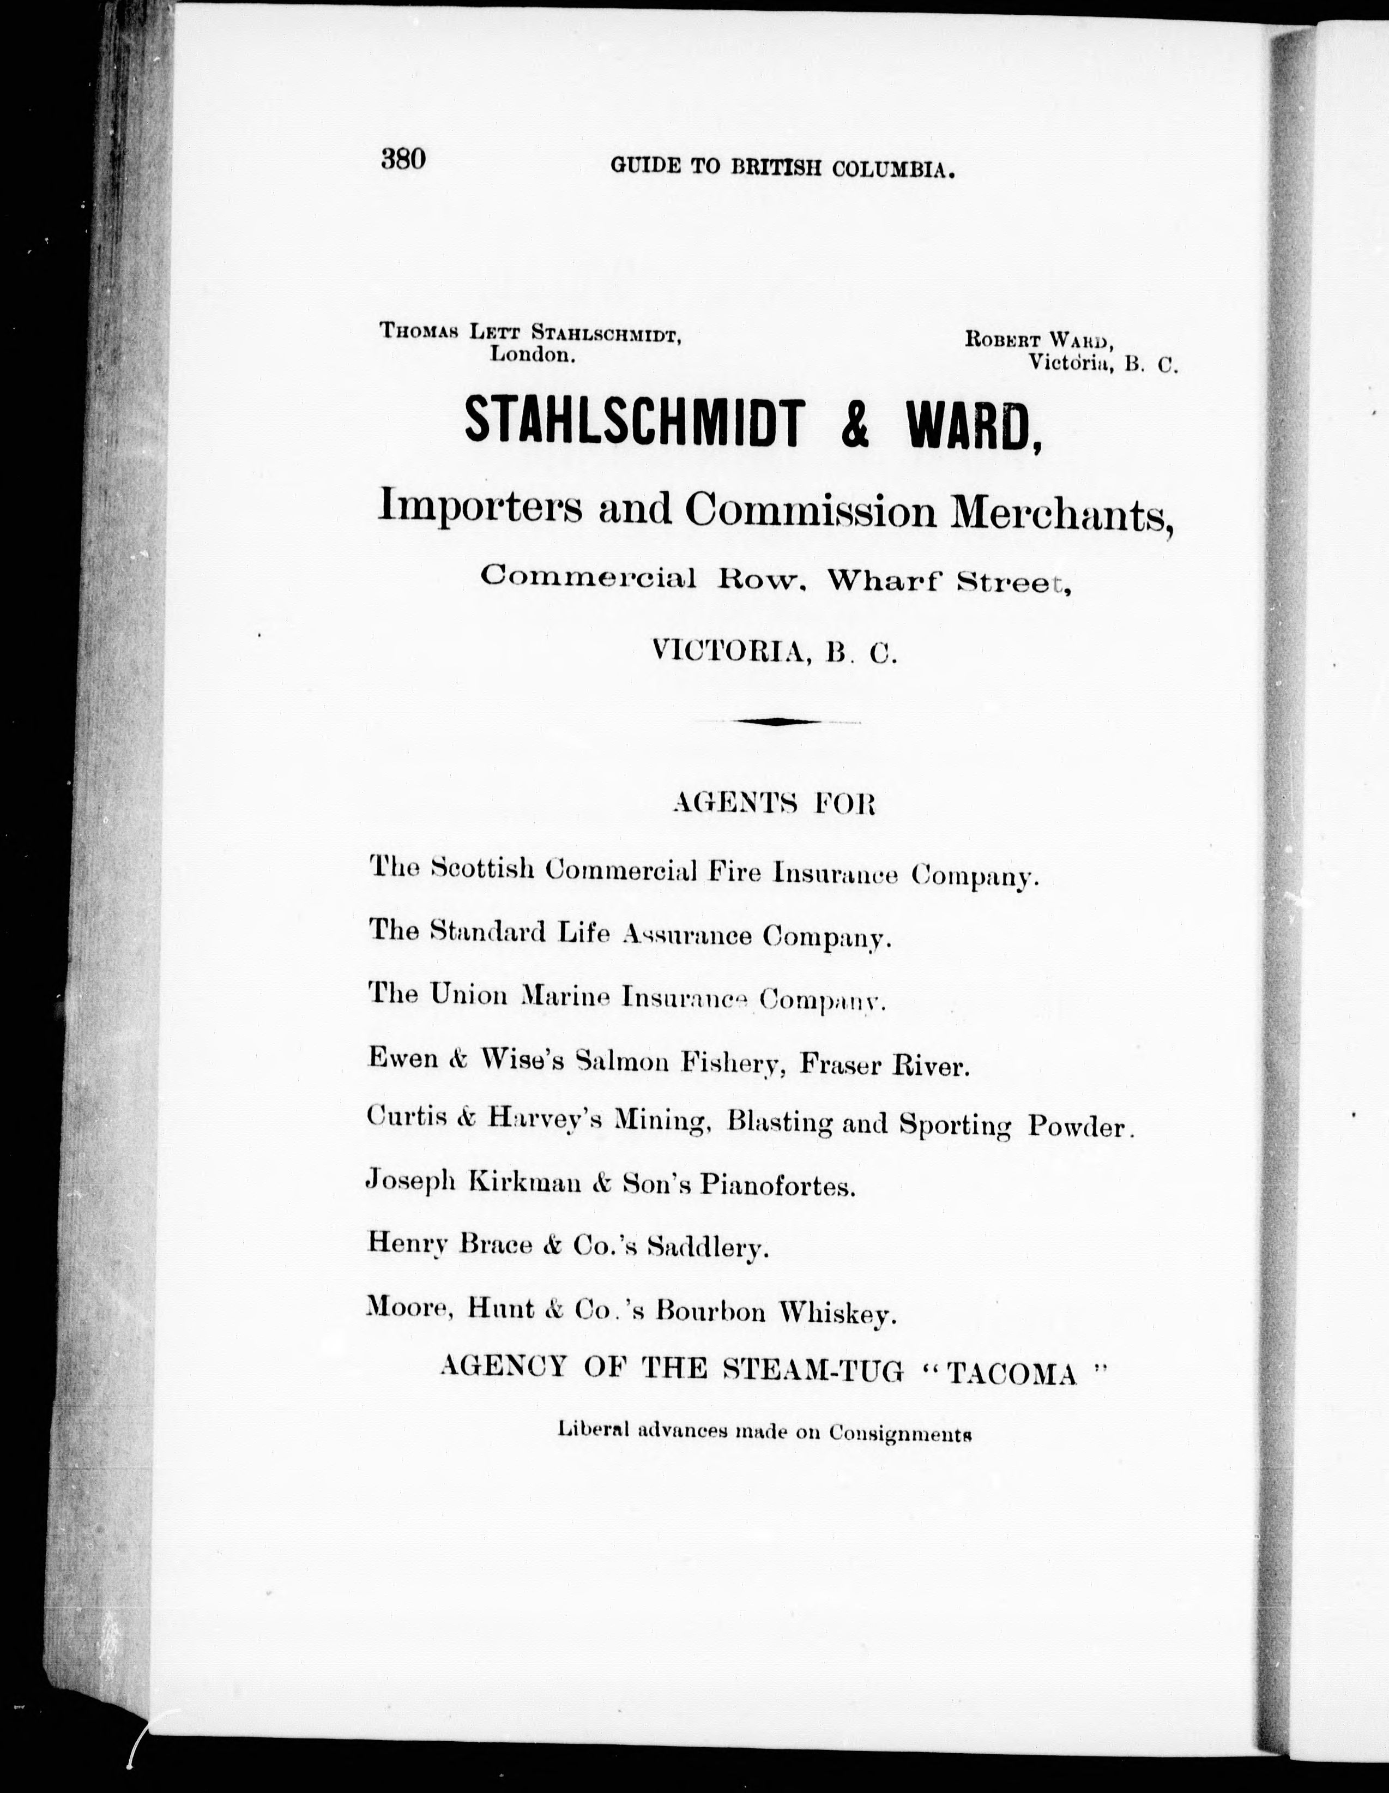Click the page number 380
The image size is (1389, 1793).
pos(403,159)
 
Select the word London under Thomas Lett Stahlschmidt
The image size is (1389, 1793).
pos(531,354)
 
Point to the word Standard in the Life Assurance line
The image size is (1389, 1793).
pos(488,932)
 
